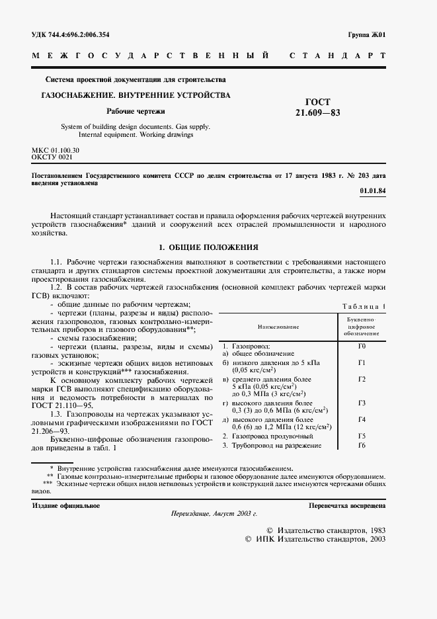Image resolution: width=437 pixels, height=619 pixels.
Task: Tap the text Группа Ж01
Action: tap(366, 34)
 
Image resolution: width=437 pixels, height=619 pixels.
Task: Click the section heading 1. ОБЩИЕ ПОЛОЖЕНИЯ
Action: tap(208, 247)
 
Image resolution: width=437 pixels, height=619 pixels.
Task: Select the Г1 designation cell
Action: tap(362, 362)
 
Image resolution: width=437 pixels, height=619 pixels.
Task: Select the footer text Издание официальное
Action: tap(66, 506)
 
